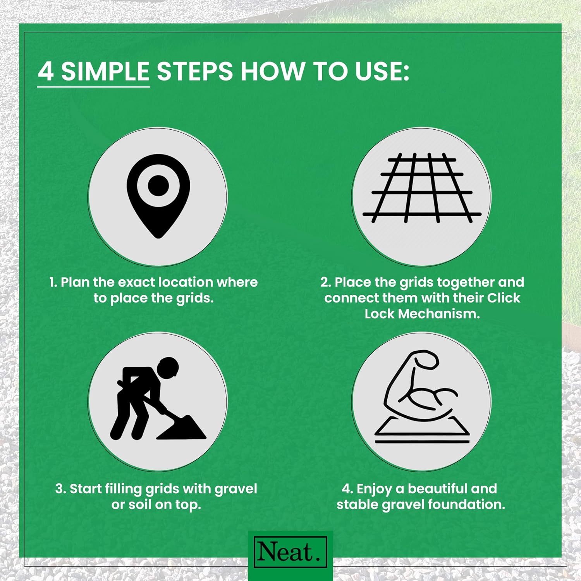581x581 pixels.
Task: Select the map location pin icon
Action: (158, 196)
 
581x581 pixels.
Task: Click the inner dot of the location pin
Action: (158, 185)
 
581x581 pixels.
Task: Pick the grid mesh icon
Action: (422, 188)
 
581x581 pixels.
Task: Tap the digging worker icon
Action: (158, 399)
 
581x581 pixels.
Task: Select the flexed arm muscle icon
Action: (421, 397)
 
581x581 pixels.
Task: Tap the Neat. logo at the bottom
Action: (290, 552)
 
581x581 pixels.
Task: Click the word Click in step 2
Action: (504, 298)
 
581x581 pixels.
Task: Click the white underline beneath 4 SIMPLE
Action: (94, 87)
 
